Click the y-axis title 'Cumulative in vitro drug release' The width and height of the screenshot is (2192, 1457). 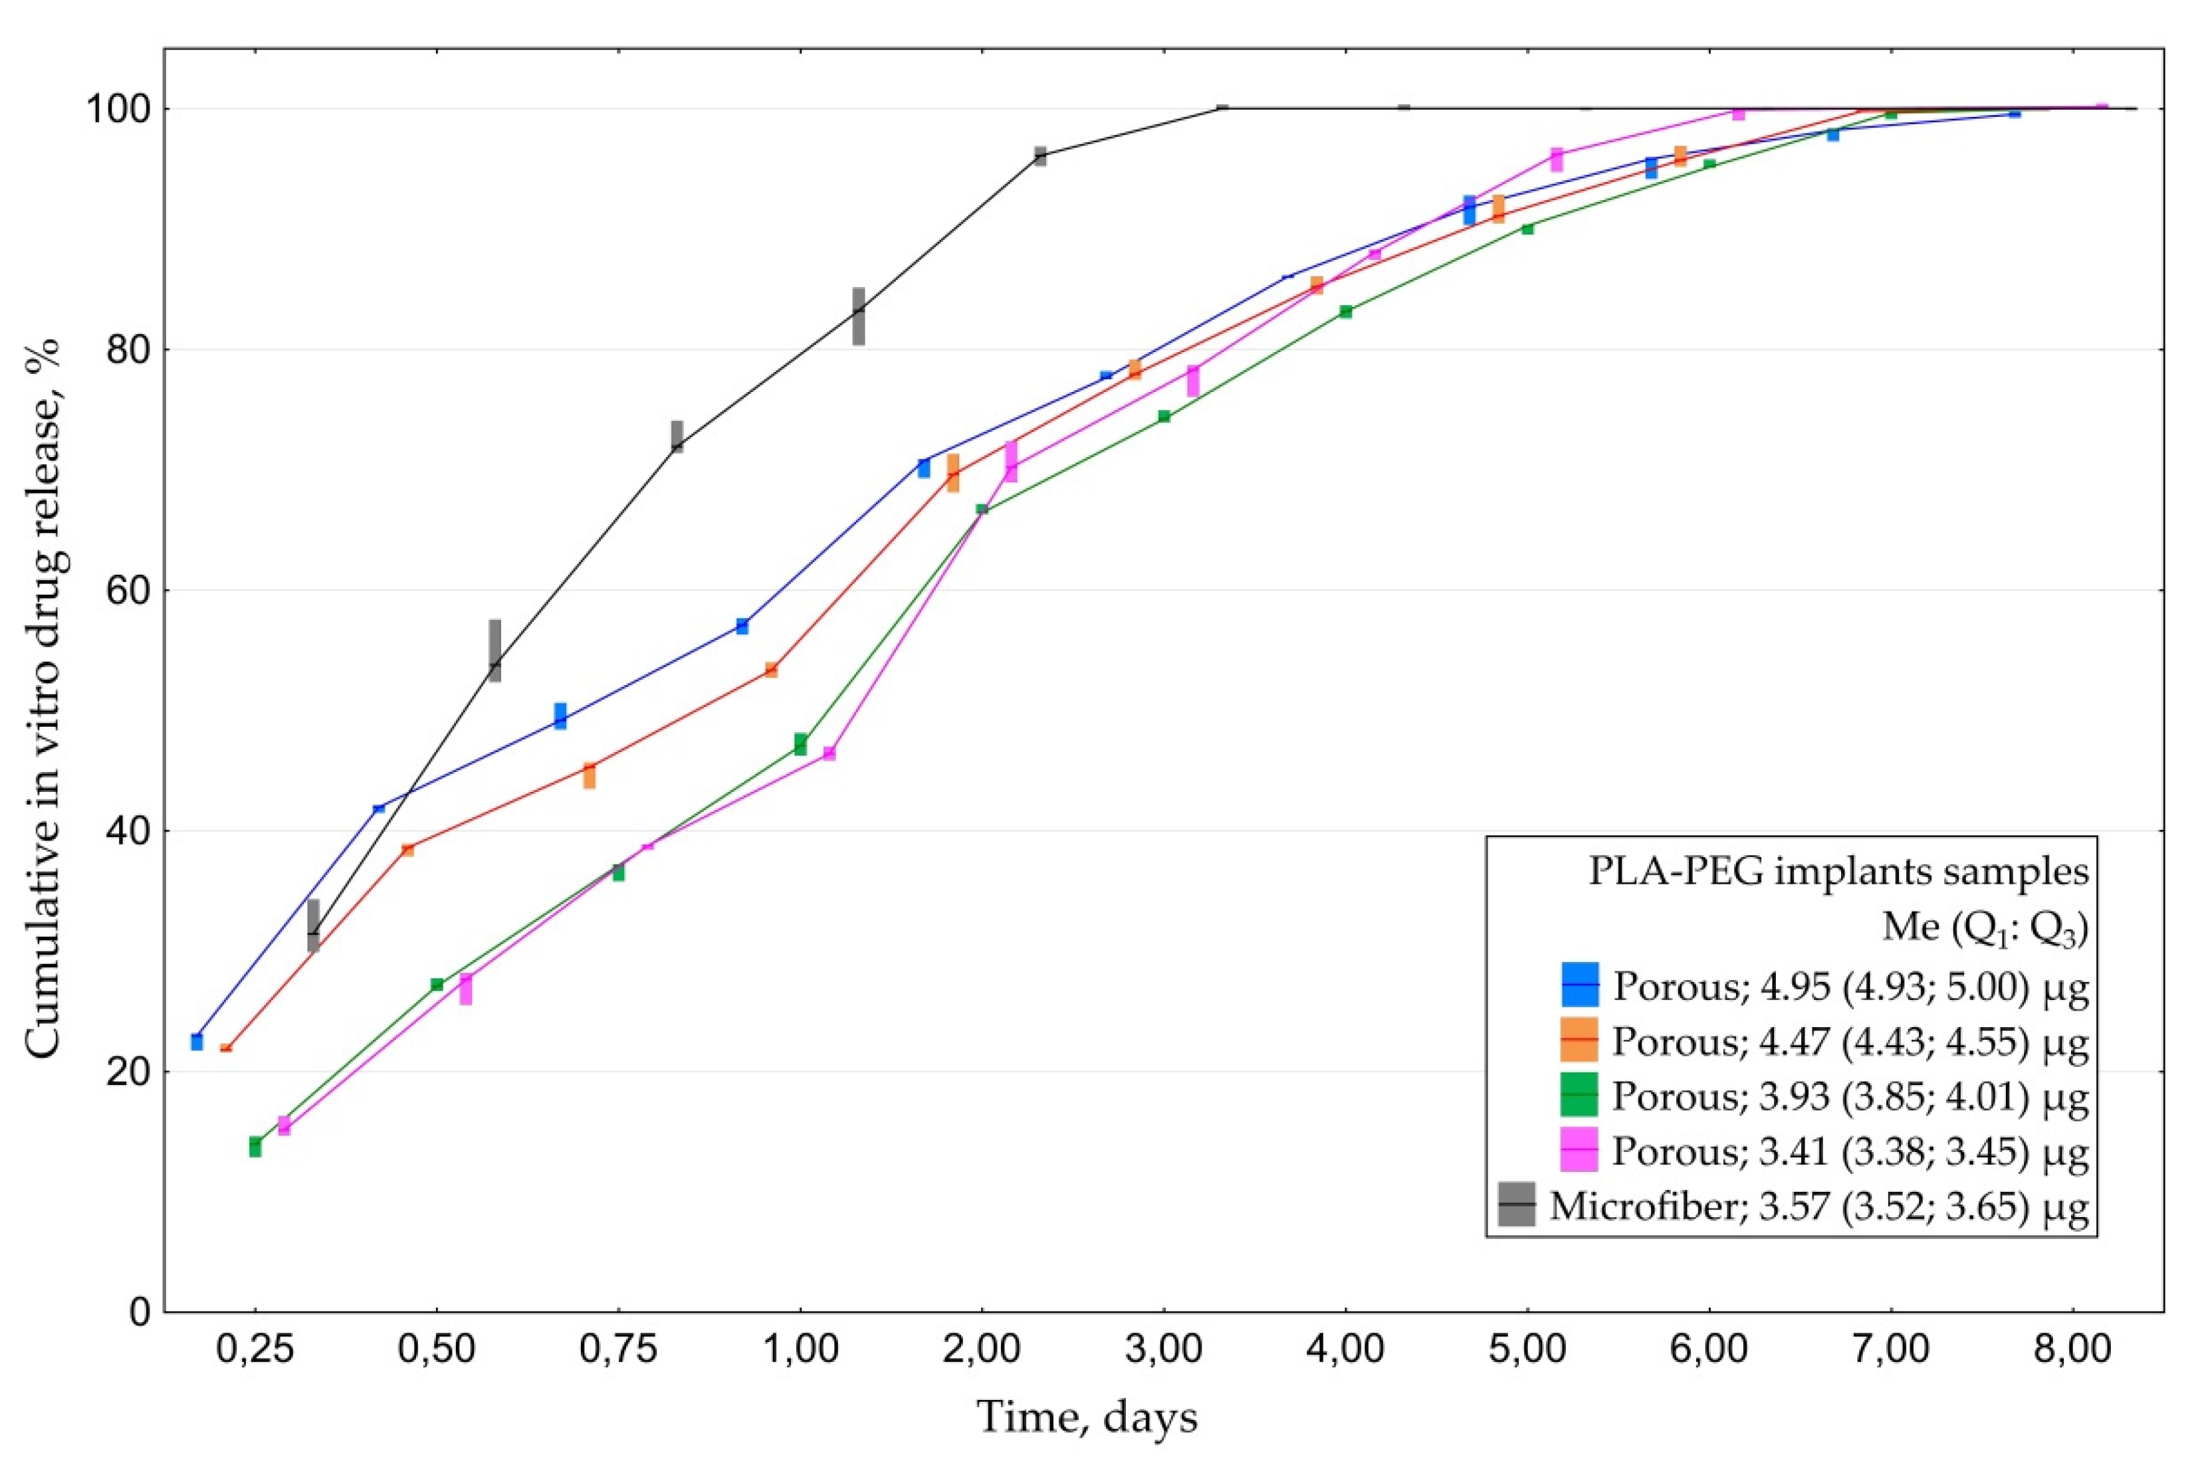[43, 697]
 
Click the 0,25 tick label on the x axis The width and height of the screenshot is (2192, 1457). [255, 1351]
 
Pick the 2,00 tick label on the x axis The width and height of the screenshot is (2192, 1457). [982, 1351]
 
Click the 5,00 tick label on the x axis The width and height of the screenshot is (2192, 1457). [1527, 1351]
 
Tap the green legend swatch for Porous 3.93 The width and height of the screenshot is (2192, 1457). [1579, 1096]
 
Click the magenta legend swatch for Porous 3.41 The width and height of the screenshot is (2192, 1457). [1579, 1150]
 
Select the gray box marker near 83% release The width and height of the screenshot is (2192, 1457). [858, 316]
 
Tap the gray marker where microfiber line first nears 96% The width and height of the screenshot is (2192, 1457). [1040, 156]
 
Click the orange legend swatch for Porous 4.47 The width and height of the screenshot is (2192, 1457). [1579, 1040]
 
